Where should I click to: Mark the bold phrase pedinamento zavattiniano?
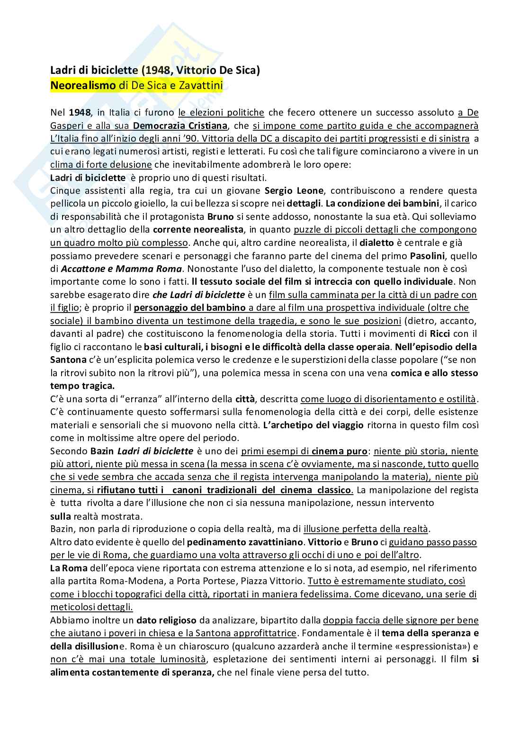pyautogui.click(x=244, y=541)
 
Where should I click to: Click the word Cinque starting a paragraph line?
pyautogui.click(x=64, y=191)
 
